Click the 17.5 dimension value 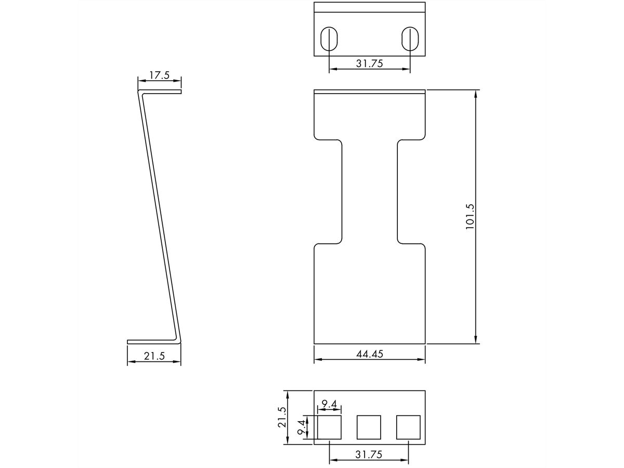pyautogui.click(x=160, y=75)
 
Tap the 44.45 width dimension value pyautogui.click(x=370, y=354)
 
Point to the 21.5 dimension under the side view pyautogui.click(x=154, y=356)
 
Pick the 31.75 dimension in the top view pyautogui.click(x=370, y=63)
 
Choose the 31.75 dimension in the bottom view pyautogui.click(x=370, y=454)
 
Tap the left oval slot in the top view pyautogui.click(x=329, y=38)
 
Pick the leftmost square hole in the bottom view pyautogui.click(x=329, y=427)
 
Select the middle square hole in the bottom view pyautogui.click(x=369, y=427)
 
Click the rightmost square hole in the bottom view pyautogui.click(x=409, y=427)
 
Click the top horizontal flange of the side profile pyautogui.click(x=160, y=92)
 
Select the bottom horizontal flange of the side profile pyautogui.click(x=154, y=342)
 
